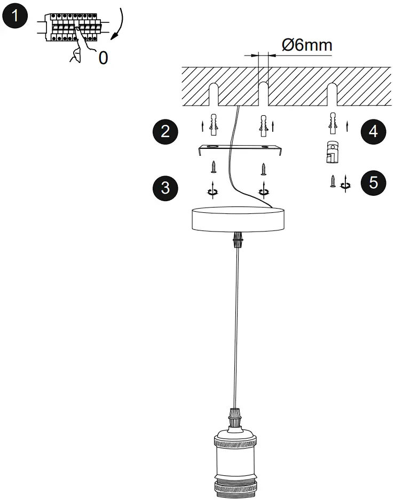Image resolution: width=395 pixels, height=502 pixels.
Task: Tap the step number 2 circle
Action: pyautogui.click(x=165, y=131)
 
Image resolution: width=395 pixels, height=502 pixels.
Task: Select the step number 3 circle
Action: pyautogui.click(x=165, y=187)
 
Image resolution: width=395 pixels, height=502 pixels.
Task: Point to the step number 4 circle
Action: pyautogui.click(x=373, y=131)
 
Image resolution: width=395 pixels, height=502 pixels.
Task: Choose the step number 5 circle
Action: pyautogui.click(x=373, y=182)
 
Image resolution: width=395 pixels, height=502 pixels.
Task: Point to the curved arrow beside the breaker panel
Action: pyautogui.click(x=118, y=23)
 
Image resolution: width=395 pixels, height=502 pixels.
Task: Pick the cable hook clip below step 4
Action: pyautogui.click(x=331, y=152)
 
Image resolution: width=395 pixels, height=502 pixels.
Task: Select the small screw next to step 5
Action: pyautogui.click(x=333, y=182)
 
